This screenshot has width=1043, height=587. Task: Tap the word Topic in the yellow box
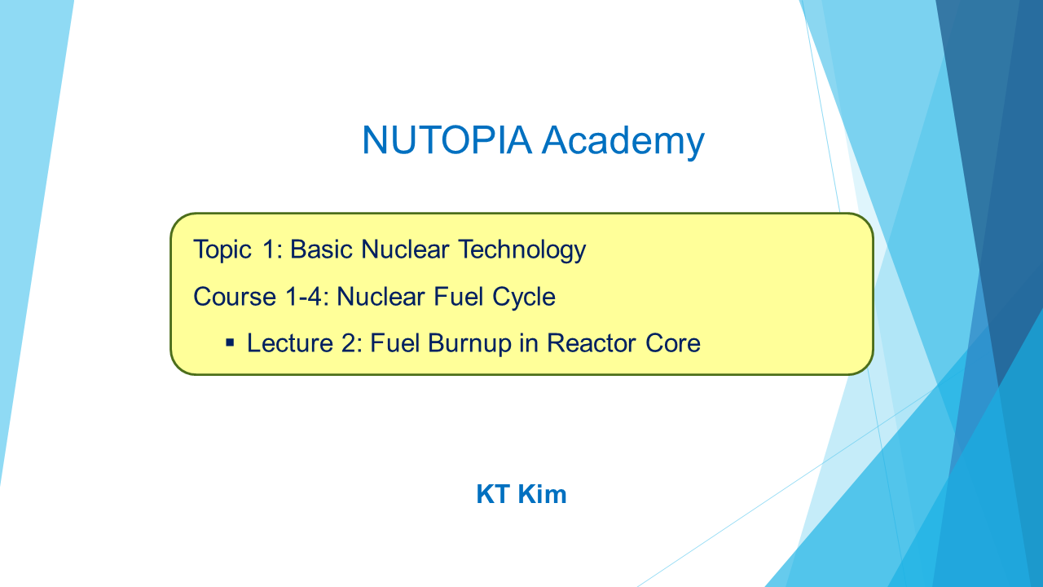(222, 250)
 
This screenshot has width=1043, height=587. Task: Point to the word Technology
(522, 250)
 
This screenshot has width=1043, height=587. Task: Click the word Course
(235, 297)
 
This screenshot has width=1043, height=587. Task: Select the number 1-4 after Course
(306, 297)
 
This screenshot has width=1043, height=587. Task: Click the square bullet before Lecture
(230, 344)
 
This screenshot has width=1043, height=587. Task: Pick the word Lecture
(290, 343)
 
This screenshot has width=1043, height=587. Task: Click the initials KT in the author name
(493, 494)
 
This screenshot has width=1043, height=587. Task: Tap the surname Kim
(542, 494)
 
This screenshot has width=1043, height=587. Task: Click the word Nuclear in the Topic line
(405, 249)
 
